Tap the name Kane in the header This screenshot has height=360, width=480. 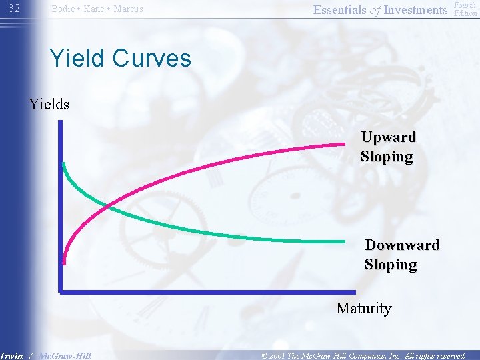tap(96, 9)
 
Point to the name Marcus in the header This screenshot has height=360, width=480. tap(128, 9)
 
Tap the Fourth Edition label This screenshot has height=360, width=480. tap(465, 9)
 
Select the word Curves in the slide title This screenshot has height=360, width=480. tap(152, 58)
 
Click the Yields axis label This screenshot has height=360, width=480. tap(49, 104)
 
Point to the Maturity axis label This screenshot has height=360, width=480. tap(363, 308)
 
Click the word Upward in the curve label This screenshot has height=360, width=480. tap(388, 137)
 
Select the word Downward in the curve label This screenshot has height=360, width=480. tap(402, 245)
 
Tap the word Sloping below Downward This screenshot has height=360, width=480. tap(391, 264)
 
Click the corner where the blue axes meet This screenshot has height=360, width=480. tap(60, 291)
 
